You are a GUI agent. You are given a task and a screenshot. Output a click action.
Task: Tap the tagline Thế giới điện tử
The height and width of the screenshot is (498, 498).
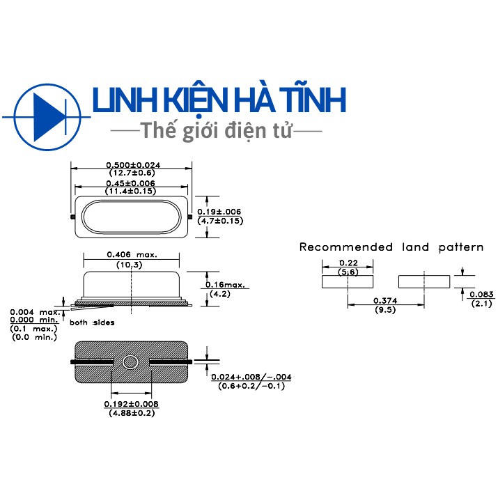coord(216,130)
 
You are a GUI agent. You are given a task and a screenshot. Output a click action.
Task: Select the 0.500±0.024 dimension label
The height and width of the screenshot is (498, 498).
coord(133,165)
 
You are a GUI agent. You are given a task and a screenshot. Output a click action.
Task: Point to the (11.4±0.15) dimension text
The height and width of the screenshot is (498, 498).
coord(130,192)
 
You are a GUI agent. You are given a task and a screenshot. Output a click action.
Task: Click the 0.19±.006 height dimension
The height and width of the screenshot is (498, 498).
coord(219,212)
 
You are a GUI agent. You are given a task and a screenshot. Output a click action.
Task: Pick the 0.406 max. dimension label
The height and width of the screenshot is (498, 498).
coord(132,255)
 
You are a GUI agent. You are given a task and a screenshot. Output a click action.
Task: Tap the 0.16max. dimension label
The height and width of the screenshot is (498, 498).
coord(225,285)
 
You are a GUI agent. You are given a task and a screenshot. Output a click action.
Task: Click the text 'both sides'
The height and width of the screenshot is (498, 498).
coord(92,322)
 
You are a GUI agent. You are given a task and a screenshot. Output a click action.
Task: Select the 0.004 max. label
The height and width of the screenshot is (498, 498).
coord(35,312)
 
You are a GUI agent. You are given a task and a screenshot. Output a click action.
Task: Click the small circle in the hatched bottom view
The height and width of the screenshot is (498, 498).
coord(130,362)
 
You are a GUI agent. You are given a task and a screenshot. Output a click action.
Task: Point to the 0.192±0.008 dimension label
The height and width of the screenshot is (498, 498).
coord(131,404)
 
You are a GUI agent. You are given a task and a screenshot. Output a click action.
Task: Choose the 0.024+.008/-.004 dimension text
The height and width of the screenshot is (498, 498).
coord(251,377)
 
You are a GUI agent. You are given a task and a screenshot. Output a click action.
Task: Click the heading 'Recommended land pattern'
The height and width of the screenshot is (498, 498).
coord(391,247)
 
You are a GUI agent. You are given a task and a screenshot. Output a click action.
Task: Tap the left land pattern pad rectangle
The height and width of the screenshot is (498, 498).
coord(348,281)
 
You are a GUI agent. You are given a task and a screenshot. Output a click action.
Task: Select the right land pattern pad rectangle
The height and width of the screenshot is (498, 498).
coord(424,281)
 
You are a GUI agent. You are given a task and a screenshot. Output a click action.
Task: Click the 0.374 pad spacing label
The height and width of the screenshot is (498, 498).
coord(385,300)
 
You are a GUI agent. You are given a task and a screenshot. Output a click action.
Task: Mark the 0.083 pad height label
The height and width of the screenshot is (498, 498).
coord(481,295)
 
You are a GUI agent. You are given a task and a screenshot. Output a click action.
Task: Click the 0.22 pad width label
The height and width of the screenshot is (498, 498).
coord(348,263)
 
